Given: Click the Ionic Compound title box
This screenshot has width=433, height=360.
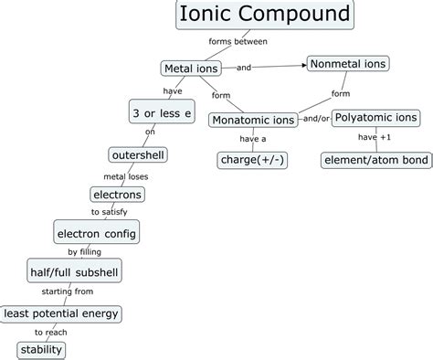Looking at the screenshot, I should pos(263,16).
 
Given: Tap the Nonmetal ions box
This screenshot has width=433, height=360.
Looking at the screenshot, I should pos(348,64).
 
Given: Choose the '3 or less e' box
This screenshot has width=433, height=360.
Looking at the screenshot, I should pos(162,112).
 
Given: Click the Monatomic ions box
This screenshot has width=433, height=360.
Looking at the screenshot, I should pos(254,120).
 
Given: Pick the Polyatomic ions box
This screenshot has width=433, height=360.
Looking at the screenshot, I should pos(375,117).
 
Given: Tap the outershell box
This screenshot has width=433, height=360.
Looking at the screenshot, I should pos(138,154).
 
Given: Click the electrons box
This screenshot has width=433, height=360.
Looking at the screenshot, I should pos(118,194).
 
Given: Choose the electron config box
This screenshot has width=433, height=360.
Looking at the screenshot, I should pos(96,233).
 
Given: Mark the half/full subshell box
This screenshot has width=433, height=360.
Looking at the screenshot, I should pos(75,272).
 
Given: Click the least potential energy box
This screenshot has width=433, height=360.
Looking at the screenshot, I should pos(61,312).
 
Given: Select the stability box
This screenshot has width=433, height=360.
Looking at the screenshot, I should pos(42,349).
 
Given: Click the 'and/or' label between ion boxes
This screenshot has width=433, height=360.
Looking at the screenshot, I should pos(315,118).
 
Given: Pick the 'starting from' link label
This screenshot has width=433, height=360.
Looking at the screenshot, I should pos(65,292).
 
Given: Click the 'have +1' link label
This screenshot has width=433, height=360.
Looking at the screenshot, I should pos(374,138).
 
